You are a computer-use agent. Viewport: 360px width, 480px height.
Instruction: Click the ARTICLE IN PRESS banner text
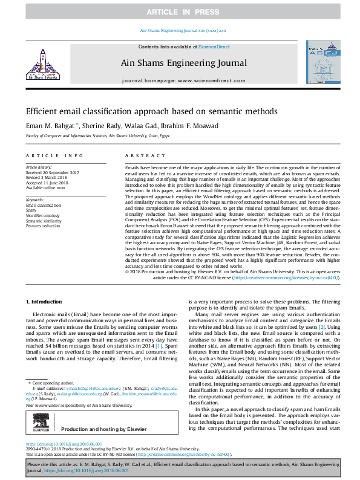(x=180, y=11)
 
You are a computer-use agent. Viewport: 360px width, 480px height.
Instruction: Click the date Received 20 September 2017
(x=53, y=172)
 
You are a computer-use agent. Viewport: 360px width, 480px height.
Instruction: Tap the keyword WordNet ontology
(x=43, y=215)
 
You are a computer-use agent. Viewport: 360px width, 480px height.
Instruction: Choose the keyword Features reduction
(x=43, y=225)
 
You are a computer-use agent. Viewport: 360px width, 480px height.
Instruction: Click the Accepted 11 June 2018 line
(x=47, y=181)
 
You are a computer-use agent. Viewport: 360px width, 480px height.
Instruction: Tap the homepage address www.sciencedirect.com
(x=195, y=80)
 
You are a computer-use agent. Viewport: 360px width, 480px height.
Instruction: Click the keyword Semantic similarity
(x=44, y=220)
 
